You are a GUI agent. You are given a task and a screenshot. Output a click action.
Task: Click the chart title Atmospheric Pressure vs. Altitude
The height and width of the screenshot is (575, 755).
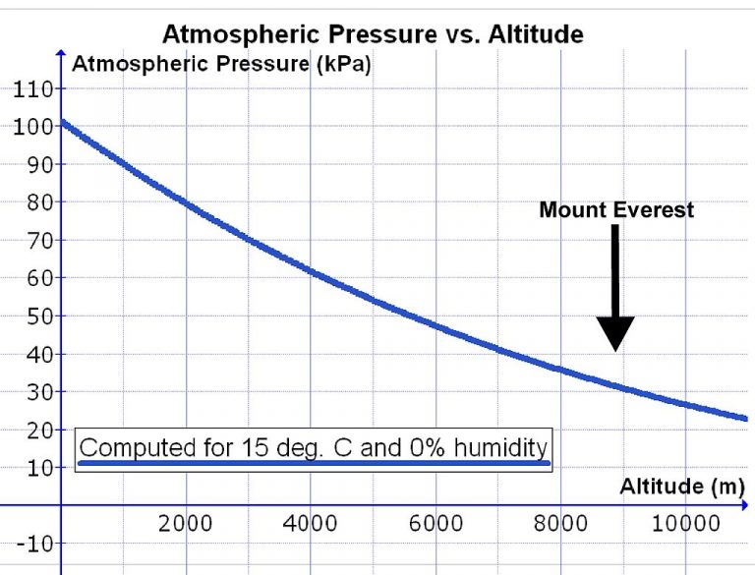tap(373, 34)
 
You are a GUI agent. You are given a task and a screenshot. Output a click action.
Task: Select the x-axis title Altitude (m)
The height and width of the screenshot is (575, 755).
tap(681, 486)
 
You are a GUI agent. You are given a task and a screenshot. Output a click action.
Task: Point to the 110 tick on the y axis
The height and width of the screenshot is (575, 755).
tap(31, 89)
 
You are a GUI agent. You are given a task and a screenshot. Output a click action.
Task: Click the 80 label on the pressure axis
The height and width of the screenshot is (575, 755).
tap(36, 203)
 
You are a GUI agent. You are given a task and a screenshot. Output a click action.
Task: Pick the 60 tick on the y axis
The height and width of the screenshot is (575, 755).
tap(36, 279)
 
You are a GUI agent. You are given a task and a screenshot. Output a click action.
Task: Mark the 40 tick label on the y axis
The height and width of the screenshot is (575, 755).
tap(36, 355)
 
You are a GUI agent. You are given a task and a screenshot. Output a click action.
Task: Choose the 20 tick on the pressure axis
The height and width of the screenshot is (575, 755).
tap(36, 431)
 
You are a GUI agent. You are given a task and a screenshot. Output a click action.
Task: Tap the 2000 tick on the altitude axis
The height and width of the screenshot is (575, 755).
tap(186, 523)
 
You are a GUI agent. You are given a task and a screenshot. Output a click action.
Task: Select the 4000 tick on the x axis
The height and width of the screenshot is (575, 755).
tap(311, 523)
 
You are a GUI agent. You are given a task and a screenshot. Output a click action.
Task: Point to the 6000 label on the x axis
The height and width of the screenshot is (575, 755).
tap(436, 523)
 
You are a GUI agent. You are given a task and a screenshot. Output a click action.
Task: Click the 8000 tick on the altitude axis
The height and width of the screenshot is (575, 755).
tap(560, 523)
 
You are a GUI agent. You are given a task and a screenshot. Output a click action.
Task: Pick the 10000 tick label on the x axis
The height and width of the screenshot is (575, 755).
tap(684, 523)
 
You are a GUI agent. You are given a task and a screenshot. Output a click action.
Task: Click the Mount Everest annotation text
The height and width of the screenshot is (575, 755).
tap(616, 209)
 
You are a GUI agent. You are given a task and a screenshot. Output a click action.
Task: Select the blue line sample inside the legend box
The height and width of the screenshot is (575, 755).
tap(315, 462)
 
